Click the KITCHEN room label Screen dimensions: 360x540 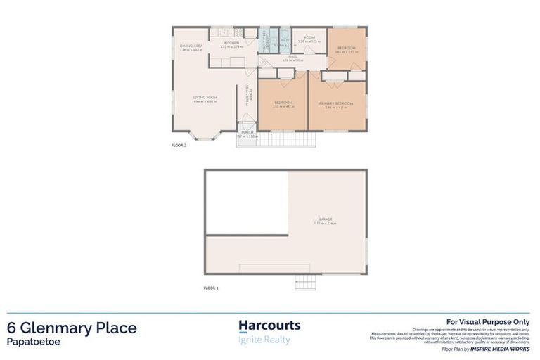pos(232,44)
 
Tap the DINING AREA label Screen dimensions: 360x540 pos(191,46)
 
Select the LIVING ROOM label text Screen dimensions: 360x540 pos(205,97)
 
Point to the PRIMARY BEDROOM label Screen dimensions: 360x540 pos(336,103)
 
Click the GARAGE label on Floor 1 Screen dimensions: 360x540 pos(324,219)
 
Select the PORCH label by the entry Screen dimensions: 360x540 pos(247,131)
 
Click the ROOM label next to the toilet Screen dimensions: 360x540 pos(309,38)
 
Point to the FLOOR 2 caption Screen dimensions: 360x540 pos(179,145)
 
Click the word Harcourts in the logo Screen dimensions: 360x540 pos(269,326)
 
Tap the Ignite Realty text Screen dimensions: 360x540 pos(264,340)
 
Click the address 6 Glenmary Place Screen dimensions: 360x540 pos(72,328)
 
